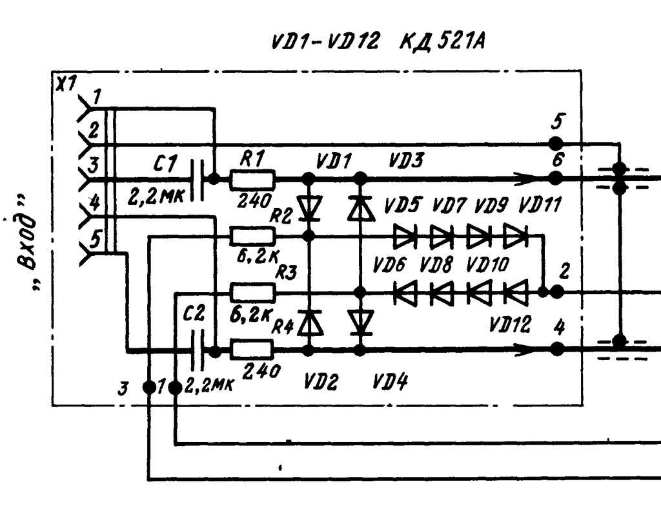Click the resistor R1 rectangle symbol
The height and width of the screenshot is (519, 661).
click(252, 179)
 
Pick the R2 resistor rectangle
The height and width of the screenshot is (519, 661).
click(252, 237)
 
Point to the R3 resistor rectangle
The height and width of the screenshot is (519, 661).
click(252, 293)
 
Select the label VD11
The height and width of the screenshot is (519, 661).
click(540, 206)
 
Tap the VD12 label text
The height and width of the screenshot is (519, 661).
click(510, 324)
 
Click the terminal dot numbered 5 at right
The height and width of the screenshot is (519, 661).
click(556, 143)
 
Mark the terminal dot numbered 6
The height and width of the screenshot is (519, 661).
click(556, 178)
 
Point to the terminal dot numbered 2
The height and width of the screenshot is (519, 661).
click(557, 291)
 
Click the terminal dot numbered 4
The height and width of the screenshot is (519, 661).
click(557, 348)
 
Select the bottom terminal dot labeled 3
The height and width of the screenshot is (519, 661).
click(149, 387)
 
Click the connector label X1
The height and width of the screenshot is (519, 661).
click(66, 85)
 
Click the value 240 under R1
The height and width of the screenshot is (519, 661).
click(252, 200)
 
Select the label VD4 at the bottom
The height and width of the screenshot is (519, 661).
click(390, 383)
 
